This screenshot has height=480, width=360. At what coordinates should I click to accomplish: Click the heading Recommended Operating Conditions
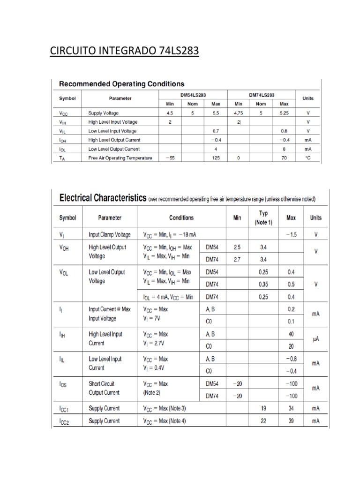(x=121, y=84)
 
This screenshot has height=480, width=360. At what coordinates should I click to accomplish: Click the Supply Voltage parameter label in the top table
(x=104, y=113)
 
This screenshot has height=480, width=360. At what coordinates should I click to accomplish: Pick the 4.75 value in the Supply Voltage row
(x=238, y=113)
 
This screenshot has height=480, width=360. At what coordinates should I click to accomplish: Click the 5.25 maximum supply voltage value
(x=284, y=113)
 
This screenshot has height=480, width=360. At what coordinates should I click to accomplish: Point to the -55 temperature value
(x=170, y=158)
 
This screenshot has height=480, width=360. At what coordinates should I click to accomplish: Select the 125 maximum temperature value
(x=216, y=158)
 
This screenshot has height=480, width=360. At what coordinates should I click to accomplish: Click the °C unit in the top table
(x=308, y=158)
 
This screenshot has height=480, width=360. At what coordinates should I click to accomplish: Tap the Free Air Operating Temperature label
(x=120, y=158)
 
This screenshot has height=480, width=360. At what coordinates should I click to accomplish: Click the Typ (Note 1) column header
(x=263, y=217)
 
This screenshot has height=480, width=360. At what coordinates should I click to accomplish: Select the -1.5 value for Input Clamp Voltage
(x=291, y=234)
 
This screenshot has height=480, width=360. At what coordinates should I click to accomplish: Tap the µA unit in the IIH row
(x=315, y=339)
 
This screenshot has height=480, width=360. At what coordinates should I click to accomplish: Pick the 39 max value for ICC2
(x=291, y=421)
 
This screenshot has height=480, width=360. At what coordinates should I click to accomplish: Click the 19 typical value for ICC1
(x=263, y=408)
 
